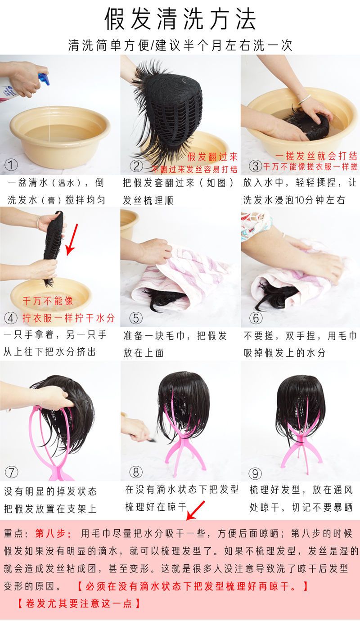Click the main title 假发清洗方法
click(180, 19)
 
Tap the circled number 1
click(11, 165)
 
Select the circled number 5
click(136, 318)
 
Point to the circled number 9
click(255, 473)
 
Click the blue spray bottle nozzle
click(45, 78)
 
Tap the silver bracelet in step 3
click(304, 99)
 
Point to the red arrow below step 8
click(195, 510)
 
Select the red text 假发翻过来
click(212, 157)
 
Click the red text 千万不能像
click(48, 301)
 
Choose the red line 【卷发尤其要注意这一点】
click(79, 603)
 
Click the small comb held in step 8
click(151, 439)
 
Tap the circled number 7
click(11, 472)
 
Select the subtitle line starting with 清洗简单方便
click(180, 45)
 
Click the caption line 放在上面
click(144, 353)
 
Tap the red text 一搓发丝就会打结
click(316, 156)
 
